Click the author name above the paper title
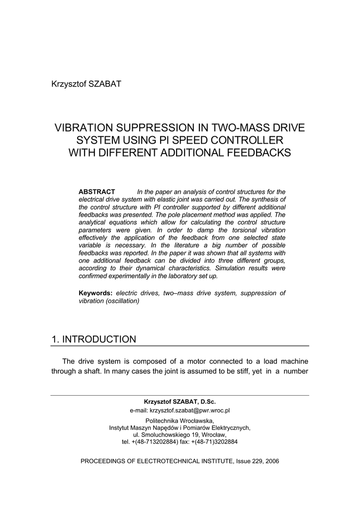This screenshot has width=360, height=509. click(86, 84)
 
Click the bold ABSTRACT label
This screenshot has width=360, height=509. click(97, 192)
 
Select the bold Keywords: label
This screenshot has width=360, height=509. click(95, 293)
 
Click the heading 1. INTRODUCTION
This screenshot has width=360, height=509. click(93, 339)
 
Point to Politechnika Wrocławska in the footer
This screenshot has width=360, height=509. click(180, 421)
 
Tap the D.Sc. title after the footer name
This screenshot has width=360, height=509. click(208, 401)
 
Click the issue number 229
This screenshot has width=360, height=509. click(259, 461)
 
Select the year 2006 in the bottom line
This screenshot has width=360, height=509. click(272, 461)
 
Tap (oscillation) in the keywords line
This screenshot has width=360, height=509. click(122, 301)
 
